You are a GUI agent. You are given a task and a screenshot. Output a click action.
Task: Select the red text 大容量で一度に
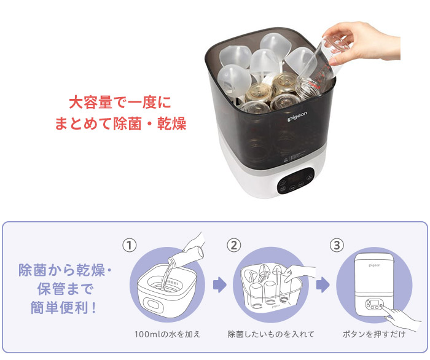(119, 101)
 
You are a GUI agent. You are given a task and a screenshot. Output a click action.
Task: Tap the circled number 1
(129, 245)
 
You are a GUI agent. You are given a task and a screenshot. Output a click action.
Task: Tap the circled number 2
(233, 245)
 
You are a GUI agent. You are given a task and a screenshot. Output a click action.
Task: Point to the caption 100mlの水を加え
(167, 334)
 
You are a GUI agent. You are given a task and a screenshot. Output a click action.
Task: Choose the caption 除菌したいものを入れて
(271, 334)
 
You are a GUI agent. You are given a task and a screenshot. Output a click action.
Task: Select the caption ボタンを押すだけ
(374, 334)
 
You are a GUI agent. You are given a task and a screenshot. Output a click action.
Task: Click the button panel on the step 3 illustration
(374, 303)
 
